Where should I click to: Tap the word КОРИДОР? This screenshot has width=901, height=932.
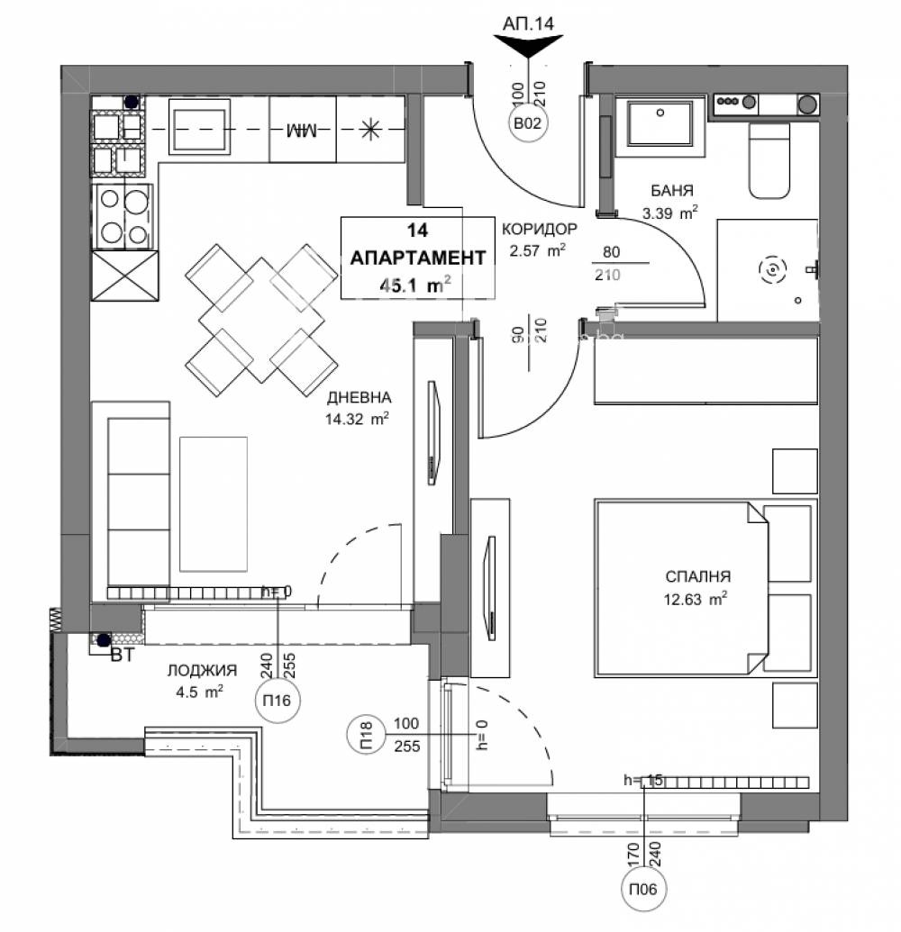tap(540, 229)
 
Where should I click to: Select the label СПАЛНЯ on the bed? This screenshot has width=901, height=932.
tap(697, 577)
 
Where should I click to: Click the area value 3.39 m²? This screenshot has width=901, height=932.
tap(670, 213)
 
